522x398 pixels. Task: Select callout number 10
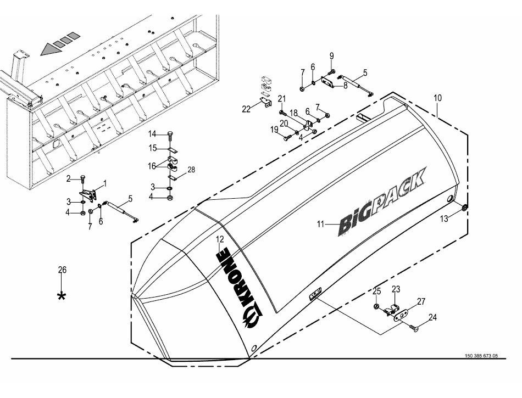[x=437, y=98]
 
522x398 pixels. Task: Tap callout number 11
[x=321, y=223]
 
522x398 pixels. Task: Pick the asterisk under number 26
[x=62, y=296]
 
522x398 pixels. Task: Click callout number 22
[x=246, y=109]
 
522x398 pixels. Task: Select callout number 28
[x=191, y=170]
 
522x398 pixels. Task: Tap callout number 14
[x=152, y=133]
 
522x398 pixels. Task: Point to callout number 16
[x=152, y=165]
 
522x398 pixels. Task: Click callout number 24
[x=432, y=317]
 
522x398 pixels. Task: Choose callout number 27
[x=421, y=301]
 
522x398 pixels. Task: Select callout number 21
[x=282, y=98]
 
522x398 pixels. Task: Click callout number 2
[x=69, y=178]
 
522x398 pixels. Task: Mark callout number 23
[x=396, y=289]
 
